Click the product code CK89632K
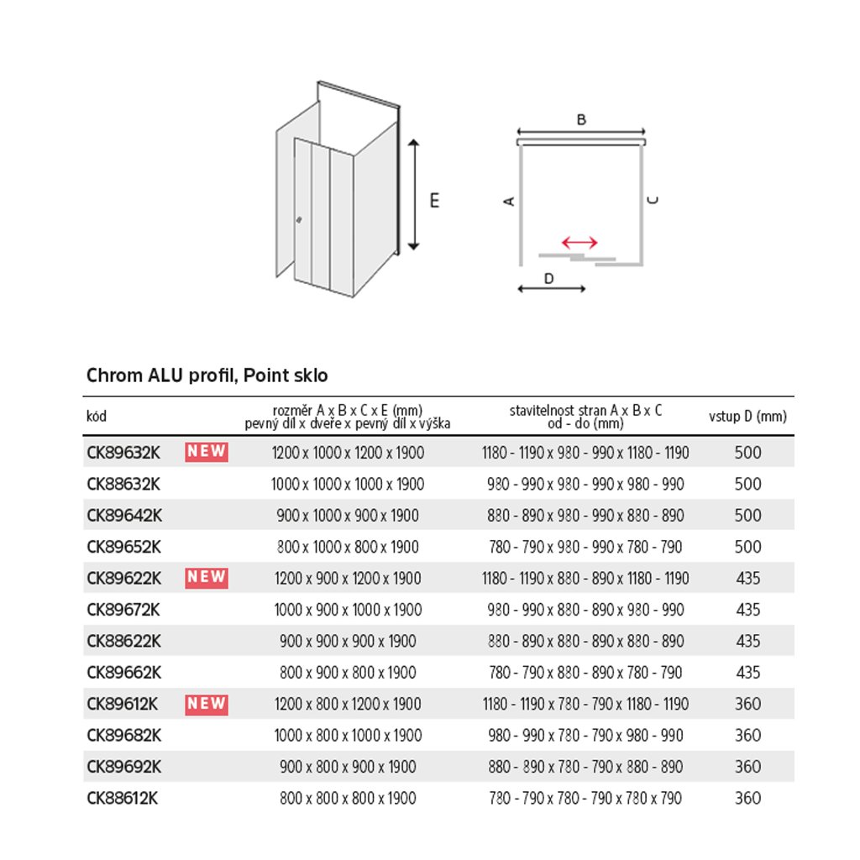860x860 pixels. pos(123,453)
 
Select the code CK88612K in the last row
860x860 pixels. pos(123,798)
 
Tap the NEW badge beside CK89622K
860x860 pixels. pos(207,577)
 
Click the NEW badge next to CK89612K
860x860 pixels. pos(207,703)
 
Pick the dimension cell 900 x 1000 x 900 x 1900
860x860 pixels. pos(348,516)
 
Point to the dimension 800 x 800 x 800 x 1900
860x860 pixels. pos(348,798)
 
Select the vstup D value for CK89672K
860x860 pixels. pos(747,610)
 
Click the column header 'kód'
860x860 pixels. pos(97,417)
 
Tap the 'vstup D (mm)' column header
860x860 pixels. pos(747,417)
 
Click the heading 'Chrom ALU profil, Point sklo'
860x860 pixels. pos(207,375)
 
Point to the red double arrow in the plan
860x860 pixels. pos(579,243)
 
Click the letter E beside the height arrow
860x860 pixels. pos(434,201)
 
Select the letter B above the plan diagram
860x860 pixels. pos(581,120)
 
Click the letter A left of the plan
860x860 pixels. pos(508,201)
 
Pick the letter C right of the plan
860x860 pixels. pos(653,200)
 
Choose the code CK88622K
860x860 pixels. pos(123,641)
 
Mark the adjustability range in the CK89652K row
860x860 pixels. pos(585,547)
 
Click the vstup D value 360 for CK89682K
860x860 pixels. pos(747,735)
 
